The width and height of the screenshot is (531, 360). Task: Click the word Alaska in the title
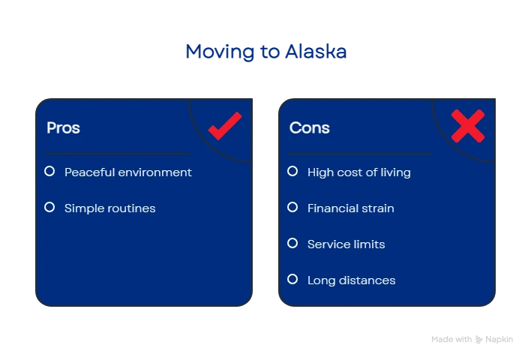316,52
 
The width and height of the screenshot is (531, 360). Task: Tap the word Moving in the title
220,52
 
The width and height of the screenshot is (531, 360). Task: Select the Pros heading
63,128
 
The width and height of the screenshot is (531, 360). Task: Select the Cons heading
309,128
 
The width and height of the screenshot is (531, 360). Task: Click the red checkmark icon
225,126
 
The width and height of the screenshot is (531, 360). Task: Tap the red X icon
468,126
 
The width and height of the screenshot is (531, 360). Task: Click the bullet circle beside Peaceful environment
49,171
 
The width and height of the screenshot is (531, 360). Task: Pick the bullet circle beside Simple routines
49,207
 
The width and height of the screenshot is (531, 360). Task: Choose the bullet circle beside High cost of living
292,171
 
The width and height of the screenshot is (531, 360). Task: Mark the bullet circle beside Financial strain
292,207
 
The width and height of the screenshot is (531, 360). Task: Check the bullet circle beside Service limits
292,243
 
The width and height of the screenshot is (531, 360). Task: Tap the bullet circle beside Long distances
292,280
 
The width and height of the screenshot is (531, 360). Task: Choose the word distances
367,280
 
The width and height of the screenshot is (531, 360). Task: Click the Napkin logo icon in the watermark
478,339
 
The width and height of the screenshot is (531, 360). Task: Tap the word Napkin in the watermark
499,339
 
